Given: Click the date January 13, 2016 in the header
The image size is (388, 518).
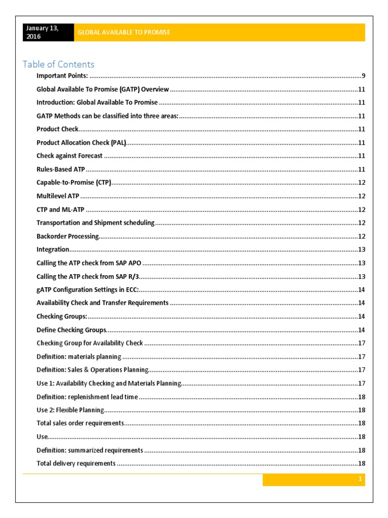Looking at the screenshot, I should (42, 32).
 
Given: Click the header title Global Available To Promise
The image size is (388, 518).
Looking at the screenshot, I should (124, 32).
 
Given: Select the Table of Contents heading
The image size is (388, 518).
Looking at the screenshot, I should (59, 64).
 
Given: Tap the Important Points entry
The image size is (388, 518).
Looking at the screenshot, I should (62, 76).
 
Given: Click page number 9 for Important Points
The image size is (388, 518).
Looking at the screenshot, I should (363, 76).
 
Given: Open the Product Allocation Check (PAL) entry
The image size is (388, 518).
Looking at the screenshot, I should (81, 143).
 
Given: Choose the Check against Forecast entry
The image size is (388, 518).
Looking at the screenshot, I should (69, 156).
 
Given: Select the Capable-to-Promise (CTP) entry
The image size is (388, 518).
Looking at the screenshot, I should (74, 183).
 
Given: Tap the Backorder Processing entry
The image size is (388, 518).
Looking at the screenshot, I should (68, 236).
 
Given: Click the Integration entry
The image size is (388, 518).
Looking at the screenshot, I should (53, 249).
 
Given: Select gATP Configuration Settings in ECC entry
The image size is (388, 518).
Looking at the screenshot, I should (87, 290).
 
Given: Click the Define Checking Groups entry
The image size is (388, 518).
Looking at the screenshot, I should (71, 330).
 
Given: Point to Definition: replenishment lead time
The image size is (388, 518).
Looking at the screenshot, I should (87, 397).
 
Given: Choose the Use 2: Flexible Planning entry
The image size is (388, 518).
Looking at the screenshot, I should (70, 410).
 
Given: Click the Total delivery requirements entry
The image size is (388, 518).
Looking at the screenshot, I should (76, 463).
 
